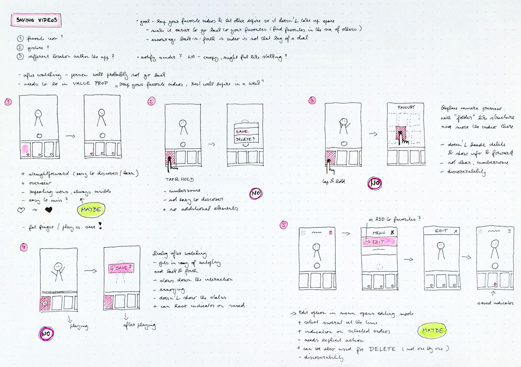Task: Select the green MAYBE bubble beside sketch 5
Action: pos(432,331)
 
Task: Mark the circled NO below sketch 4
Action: pos(46,334)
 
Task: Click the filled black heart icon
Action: pos(49,211)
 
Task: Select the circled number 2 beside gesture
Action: pos(20,47)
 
